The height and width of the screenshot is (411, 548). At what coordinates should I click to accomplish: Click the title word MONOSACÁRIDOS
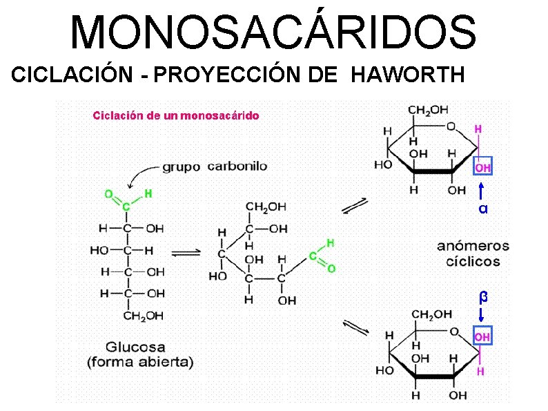(273, 32)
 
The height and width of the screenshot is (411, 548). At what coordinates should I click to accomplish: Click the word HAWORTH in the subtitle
(408, 74)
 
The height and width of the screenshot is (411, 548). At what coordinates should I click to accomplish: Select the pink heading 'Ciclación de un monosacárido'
(176, 115)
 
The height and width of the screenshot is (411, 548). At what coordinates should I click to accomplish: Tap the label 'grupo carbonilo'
(215, 166)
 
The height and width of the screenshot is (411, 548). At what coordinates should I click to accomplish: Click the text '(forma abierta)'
(140, 361)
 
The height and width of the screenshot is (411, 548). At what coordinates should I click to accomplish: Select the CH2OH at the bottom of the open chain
(144, 316)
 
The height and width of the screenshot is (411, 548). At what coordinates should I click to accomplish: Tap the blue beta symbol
(483, 297)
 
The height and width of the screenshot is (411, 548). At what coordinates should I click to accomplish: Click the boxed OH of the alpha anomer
(482, 168)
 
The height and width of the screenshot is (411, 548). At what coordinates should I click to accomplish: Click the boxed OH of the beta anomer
(482, 336)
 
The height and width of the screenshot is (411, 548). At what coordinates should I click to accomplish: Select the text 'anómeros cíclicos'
(473, 254)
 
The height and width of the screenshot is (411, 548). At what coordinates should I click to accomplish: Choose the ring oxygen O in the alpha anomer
(450, 126)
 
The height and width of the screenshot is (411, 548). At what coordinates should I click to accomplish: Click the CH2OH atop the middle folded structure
(266, 207)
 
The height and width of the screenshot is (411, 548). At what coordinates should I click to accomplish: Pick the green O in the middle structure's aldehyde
(332, 268)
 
